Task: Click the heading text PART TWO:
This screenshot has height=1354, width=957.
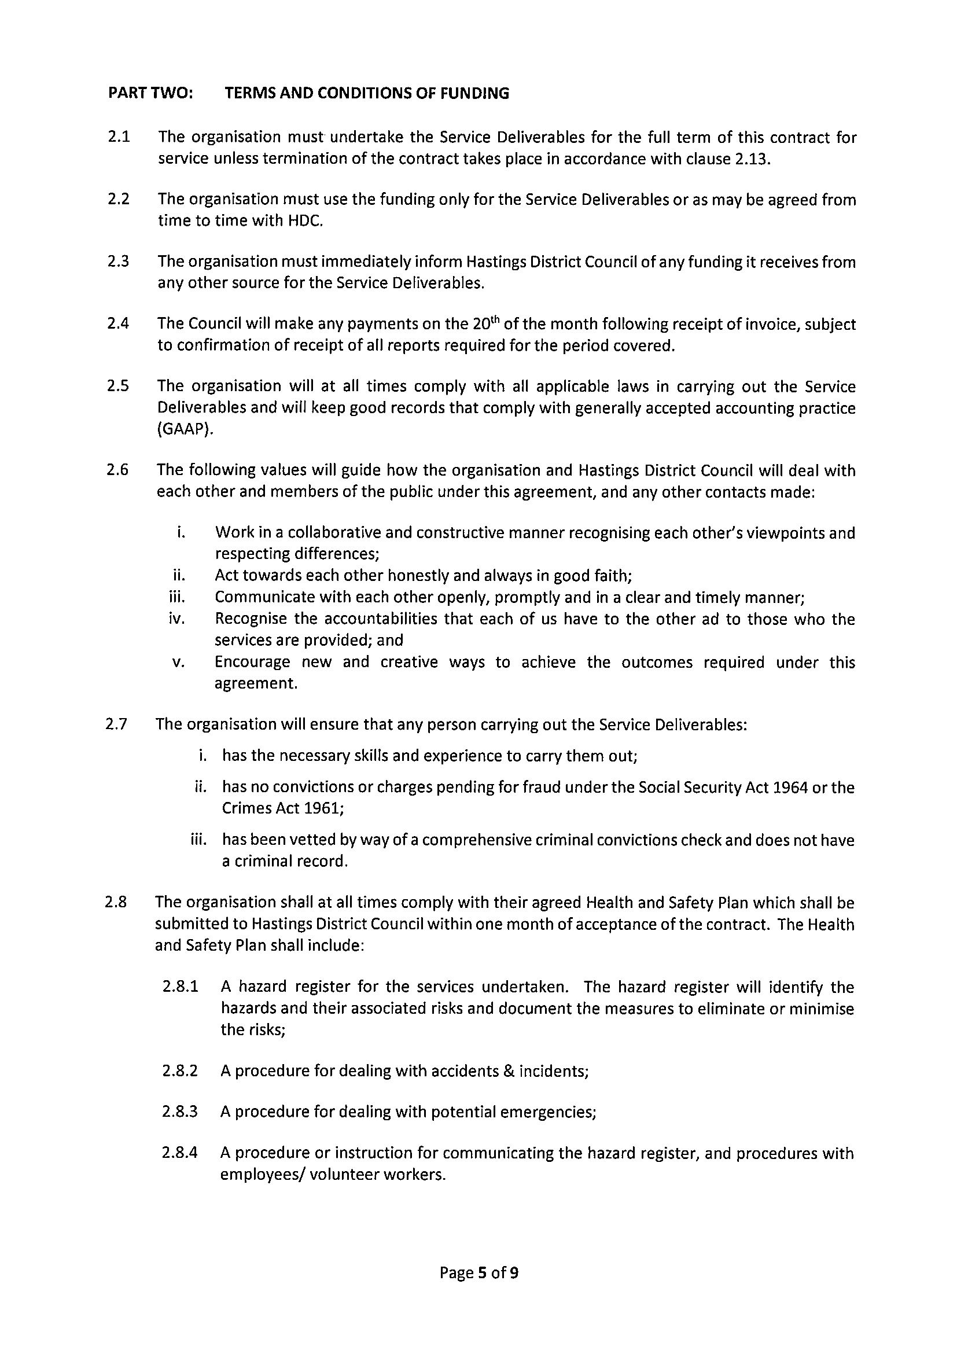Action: [x=151, y=93]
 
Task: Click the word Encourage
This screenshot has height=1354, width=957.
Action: [x=252, y=662]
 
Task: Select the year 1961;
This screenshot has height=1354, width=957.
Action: [x=323, y=808]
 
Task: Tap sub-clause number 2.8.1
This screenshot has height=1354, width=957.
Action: [x=180, y=987]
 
